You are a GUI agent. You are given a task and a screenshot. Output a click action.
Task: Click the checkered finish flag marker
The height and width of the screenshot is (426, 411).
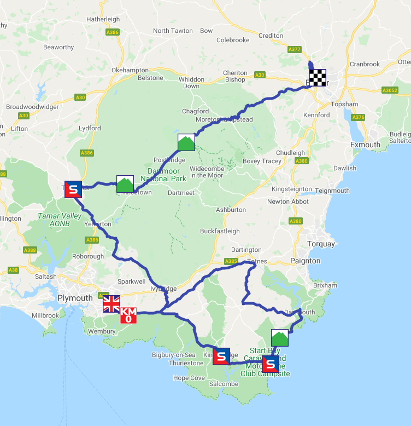click(318, 78)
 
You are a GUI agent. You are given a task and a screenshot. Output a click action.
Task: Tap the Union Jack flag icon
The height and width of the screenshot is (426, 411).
click(111, 304)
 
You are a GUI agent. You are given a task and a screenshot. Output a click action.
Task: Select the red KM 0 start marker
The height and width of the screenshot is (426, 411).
click(128, 315)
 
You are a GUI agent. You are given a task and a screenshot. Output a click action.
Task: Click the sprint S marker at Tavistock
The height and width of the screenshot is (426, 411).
click(73, 189)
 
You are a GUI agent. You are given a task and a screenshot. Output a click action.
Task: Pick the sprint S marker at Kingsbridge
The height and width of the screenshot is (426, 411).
click(221, 356)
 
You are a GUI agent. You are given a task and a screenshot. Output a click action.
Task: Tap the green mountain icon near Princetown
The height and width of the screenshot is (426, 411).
click(125, 184)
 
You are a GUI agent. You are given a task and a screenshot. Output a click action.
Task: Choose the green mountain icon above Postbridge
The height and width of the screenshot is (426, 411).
click(186, 142)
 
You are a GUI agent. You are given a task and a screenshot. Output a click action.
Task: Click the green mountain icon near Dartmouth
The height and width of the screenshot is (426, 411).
click(280, 338)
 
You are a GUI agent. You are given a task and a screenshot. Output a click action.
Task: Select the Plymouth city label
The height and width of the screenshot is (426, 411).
click(75, 298)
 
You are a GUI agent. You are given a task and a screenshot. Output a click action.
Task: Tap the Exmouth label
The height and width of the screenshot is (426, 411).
click(366, 145)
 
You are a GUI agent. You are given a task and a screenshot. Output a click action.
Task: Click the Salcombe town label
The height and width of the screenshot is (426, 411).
click(224, 384)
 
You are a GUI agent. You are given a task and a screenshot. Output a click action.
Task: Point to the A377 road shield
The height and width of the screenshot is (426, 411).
click(295, 49)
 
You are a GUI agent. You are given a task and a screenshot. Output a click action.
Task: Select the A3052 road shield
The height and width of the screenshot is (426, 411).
click(390, 90)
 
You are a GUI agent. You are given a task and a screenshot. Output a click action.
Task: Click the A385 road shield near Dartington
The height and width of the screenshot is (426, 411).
click(231, 261)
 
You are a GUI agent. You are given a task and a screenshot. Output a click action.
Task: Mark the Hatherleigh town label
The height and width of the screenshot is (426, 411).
click(103, 19)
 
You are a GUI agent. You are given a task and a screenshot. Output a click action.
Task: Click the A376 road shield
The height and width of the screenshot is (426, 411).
click(359, 117)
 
